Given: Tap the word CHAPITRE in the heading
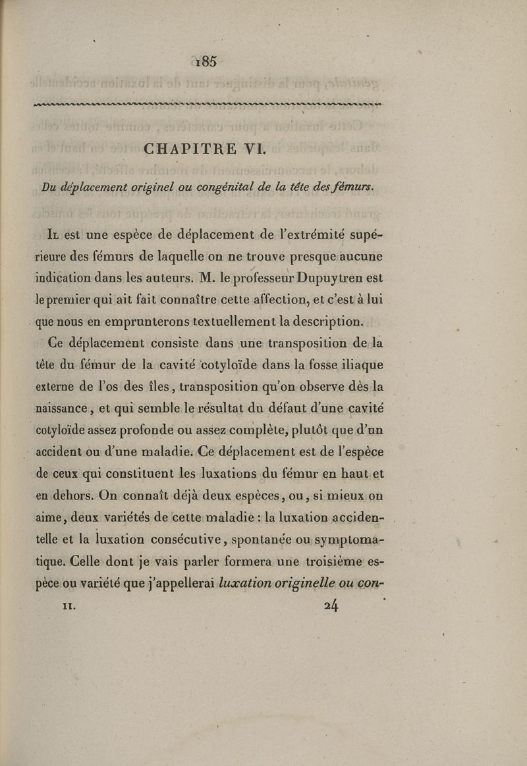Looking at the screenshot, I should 185,149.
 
